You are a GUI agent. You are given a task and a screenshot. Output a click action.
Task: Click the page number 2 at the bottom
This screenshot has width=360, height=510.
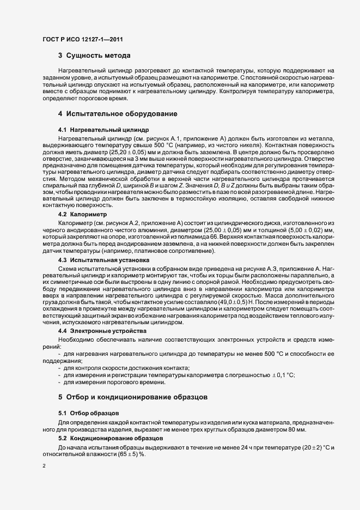click(x=44, y=467)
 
